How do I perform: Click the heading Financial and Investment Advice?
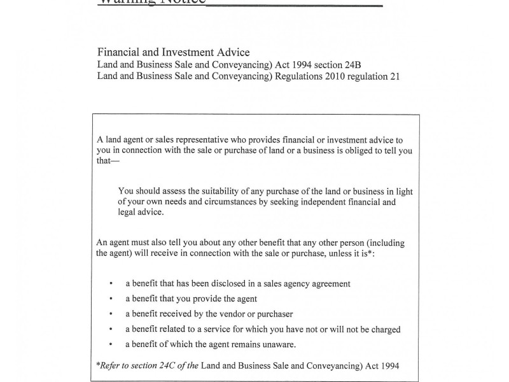(x=173, y=52)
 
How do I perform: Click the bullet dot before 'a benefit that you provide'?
(x=111, y=299)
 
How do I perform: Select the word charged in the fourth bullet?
(x=384, y=329)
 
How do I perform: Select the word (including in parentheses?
(x=384, y=243)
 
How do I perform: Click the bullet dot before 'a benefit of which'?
(x=111, y=345)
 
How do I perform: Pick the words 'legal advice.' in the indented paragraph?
(x=141, y=213)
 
